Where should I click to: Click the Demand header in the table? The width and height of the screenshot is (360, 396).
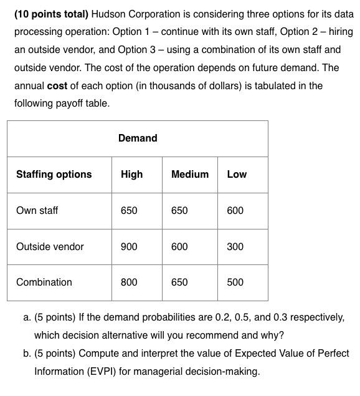[138, 138]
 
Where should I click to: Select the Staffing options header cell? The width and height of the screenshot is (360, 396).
[54, 174]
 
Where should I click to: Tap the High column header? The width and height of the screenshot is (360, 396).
[131, 174]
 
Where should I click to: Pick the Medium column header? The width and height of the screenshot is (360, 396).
[190, 174]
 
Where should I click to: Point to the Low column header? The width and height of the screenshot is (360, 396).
[237, 174]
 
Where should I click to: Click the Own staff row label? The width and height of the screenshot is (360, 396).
[37, 210]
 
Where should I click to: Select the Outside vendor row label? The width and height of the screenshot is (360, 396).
[50, 246]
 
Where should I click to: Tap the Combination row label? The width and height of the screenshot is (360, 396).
[44, 282]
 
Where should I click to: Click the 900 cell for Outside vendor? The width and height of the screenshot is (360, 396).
[129, 246]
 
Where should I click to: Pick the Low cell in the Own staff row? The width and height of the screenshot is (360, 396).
[235, 210]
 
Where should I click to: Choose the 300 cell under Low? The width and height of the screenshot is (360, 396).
[235, 246]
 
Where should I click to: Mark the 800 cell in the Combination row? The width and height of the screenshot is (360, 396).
[129, 282]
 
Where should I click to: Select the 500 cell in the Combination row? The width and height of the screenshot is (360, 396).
[235, 282]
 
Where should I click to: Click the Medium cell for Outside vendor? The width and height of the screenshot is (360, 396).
[179, 246]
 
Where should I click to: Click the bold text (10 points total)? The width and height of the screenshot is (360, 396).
[52, 13]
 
